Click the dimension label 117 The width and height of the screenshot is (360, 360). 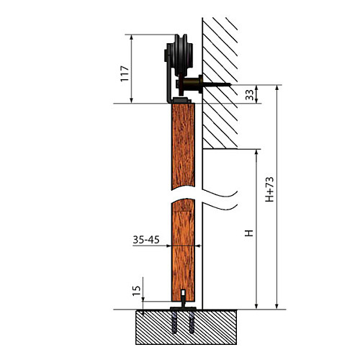pyautogui.click(x=125, y=73)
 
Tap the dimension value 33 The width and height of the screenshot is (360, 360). pyautogui.click(x=250, y=94)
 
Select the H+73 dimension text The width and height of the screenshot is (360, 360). pyautogui.click(x=269, y=189)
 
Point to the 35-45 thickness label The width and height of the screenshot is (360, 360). pyautogui.click(x=146, y=240)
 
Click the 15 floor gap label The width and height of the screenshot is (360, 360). pyautogui.click(x=136, y=291)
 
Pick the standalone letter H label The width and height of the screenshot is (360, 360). pyautogui.click(x=249, y=233)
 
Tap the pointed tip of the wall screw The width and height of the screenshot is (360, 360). pyautogui.click(x=231, y=84)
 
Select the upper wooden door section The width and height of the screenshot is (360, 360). pyautogui.click(x=183, y=146)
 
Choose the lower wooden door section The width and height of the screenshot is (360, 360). pyautogui.click(x=183, y=251)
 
